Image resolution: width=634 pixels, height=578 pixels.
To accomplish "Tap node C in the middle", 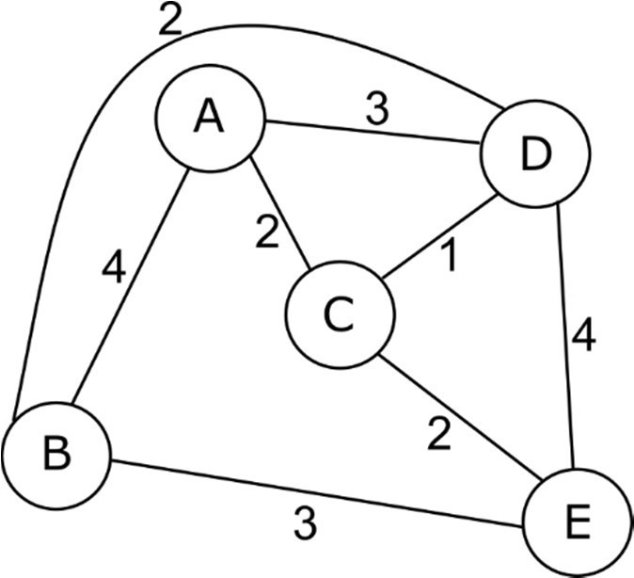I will point(337,316).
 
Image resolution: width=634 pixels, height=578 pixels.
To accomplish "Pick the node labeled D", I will point(534,156).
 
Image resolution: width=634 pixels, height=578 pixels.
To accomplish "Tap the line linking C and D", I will point(436,239).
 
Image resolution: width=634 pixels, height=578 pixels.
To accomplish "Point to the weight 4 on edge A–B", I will point(113,269).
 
